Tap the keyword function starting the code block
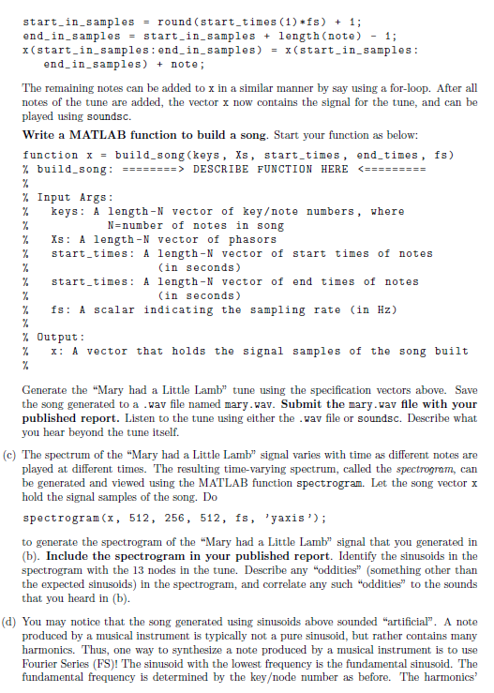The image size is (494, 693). click(x=50, y=155)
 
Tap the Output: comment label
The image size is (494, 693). click(x=65, y=338)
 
